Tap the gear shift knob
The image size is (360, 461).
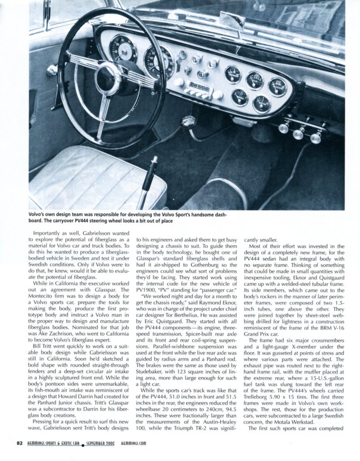click(x=188, y=121)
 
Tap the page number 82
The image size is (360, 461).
click(x=19, y=443)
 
